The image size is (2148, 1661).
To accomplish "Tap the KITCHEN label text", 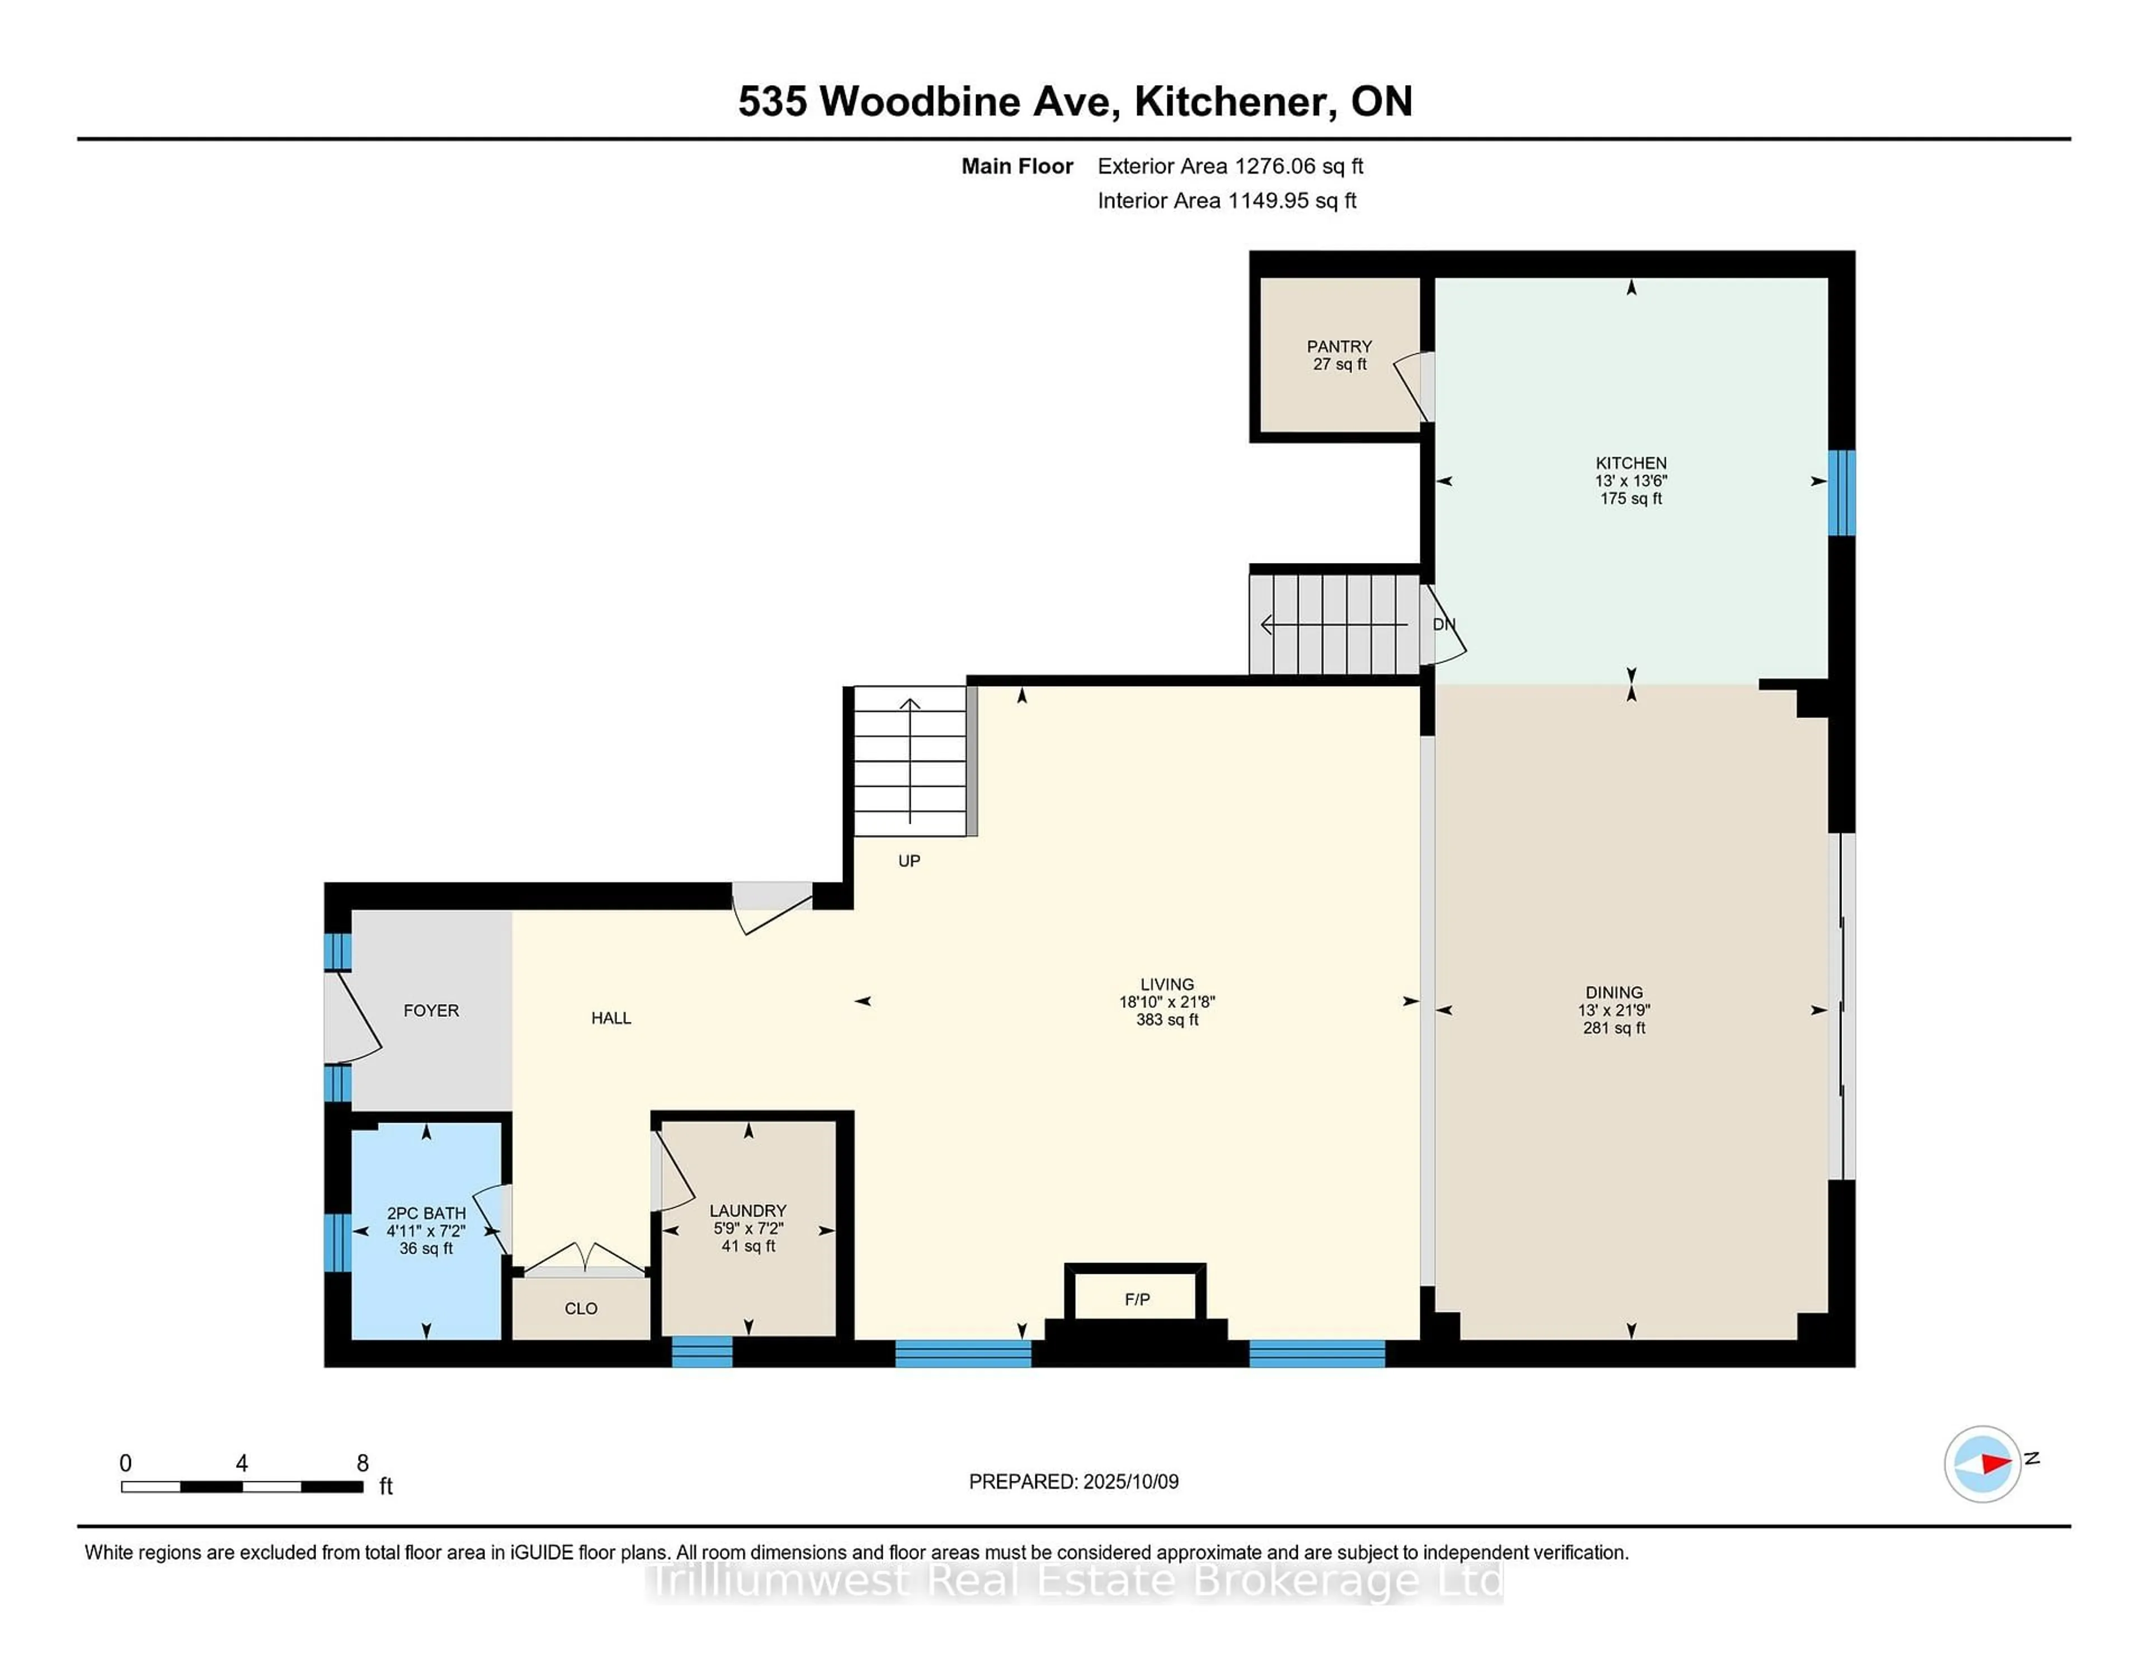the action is (x=1631, y=462).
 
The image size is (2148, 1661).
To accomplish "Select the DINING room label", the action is (x=1614, y=992).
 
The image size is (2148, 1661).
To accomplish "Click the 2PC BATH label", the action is (x=426, y=1213).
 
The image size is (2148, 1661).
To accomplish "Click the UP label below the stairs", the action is (x=909, y=861).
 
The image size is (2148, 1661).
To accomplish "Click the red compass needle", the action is (x=1995, y=1464).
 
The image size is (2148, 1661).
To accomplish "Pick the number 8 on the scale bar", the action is (x=362, y=1463).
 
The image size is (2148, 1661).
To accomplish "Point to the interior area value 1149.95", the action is (x=1268, y=201).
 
